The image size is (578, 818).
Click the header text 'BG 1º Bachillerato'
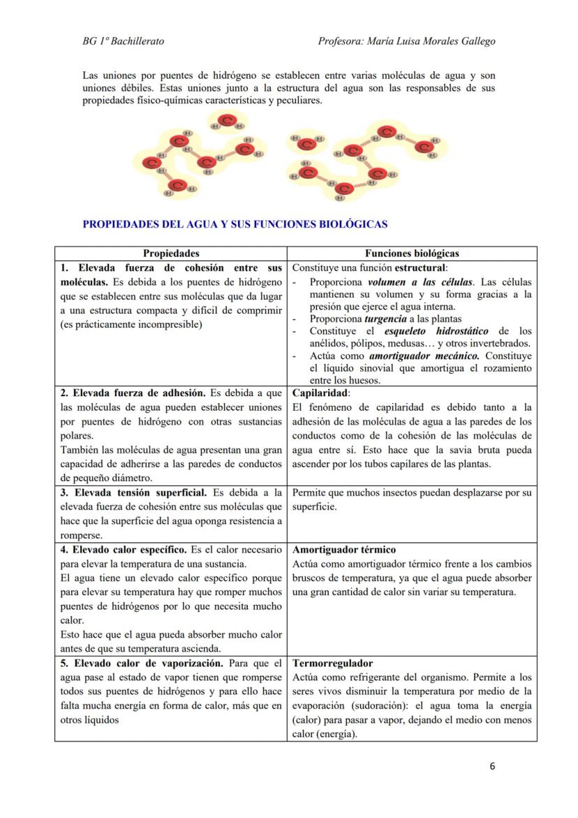click(x=124, y=41)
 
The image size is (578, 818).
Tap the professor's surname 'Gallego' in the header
click(x=477, y=41)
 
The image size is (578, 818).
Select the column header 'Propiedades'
click(x=171, y=254)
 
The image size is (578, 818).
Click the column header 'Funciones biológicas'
click(x=412, y=254)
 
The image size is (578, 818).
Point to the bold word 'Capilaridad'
click(x=320, y=393)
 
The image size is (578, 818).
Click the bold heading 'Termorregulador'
click(x=332, y=663)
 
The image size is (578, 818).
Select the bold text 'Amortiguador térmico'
click(x=344, y=550)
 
